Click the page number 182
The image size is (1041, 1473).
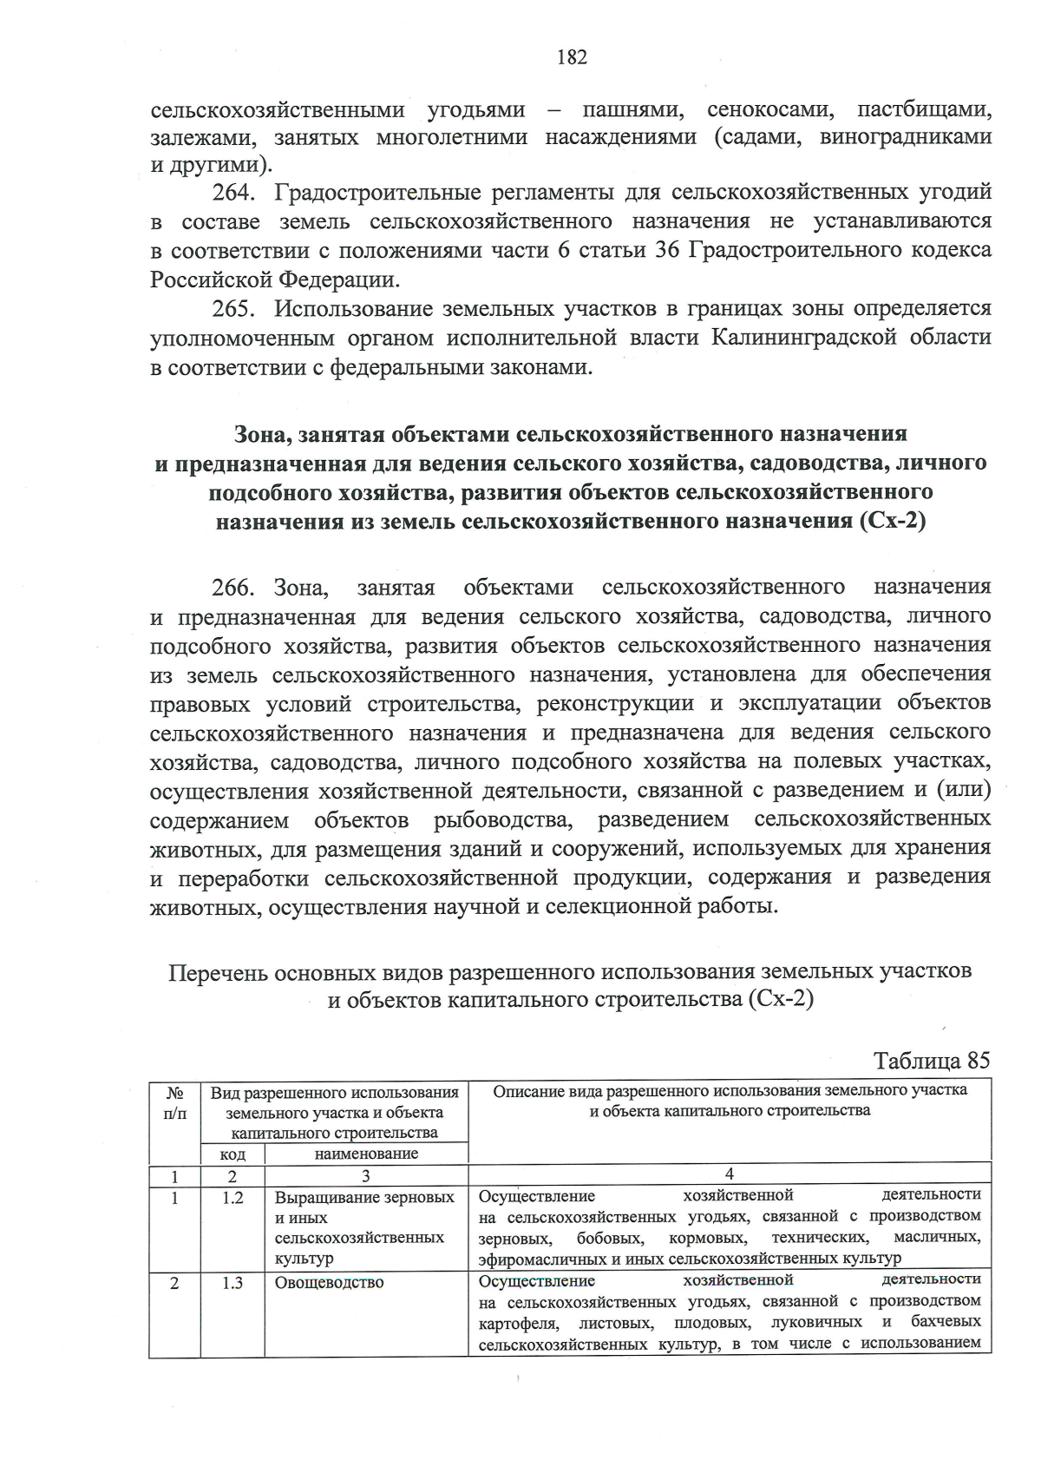pos(572,57)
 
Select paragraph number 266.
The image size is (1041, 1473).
pos(233,587)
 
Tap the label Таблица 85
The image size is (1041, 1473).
pos(931,1061)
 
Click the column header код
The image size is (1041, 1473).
pos(232,1154)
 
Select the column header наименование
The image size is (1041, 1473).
pos(366,1154)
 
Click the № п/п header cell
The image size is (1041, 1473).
pos(174,1102)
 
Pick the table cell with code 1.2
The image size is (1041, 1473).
pos(232,1197)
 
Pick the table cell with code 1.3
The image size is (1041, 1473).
pos(232,1282)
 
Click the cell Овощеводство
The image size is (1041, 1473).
pos(329,1282)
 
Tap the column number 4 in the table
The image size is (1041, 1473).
pos(729,1174)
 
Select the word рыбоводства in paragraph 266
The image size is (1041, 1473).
pos(502,820)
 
